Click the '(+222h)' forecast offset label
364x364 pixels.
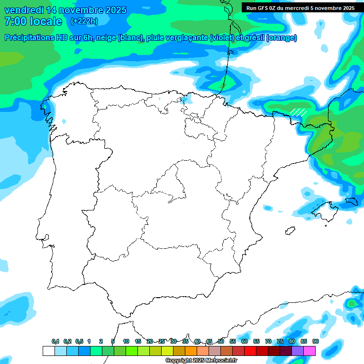(84, 21)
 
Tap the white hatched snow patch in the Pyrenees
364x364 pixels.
(298, 112)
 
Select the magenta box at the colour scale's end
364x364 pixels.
(309, 351)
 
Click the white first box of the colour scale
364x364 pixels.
(48, 351)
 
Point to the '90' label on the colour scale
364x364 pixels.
(316, 341)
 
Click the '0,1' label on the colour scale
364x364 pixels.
(55, 341)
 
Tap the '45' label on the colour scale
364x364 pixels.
(209, 341)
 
